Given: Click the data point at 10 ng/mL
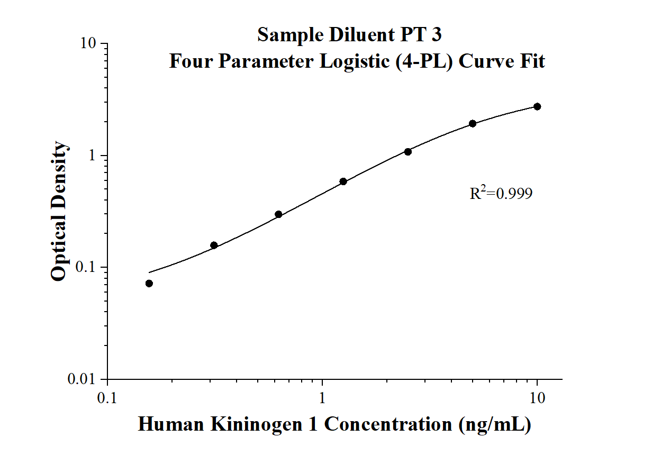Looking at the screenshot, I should pyautogui.click(x=537, y=106).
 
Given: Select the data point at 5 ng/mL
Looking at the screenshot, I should pyautogui.click(x=473, y=123).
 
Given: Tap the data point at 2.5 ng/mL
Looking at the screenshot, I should pyautogui.click(x=408, y=152).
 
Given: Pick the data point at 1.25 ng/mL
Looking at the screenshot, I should pyautogui.click(x=343, y=181).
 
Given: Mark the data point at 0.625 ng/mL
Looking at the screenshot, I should pyautogui.click(x=278, y=214).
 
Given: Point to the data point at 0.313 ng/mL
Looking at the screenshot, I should pyautogui.click(x=214, y=245).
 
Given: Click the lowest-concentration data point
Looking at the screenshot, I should pyautogui.click(x=149, y=284).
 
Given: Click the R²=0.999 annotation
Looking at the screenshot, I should pyautogui.click(x=501, y=194).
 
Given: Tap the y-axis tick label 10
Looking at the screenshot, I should pyautogui.click(x=87, y=44).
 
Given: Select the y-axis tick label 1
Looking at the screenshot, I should pyautogui.click(x=94, y=156).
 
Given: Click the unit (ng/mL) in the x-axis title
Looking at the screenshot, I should pyautogui.click(x=495, y=424).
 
